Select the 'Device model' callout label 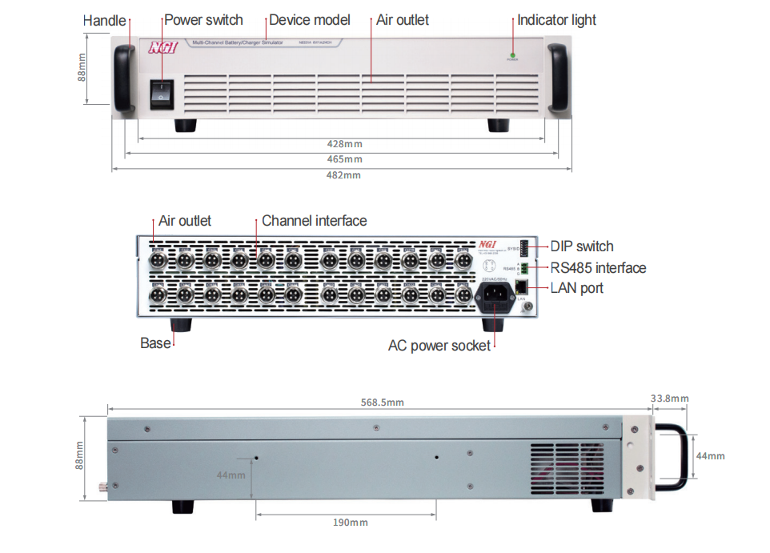pyautogui.click(x=309, y=20)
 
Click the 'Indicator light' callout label pyautogui.click(x=556, y=20)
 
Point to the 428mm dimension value pyautogui.click(x=344, y=144)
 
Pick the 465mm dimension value pyautogui.click(x=344, y=160)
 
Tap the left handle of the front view pyautogui.click(x=124, y=78)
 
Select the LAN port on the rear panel pyautogui.click(x=521, y=287)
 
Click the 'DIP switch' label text pyautogui.click(x=582, y=246)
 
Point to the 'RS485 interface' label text pyautogui.click(x=598, y=267)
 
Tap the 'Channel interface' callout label pyautogui.click(x=314, y=221)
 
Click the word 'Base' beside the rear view pyautogui.click(x=155, y=343)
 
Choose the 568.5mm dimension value pyautogui.click(x=378, y=403)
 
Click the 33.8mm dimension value pyautogui.click(x=669, y=399)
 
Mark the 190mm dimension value pyautogui.click(x=350, y=523)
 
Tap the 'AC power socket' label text pyautogui.click(x=439, y=346)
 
